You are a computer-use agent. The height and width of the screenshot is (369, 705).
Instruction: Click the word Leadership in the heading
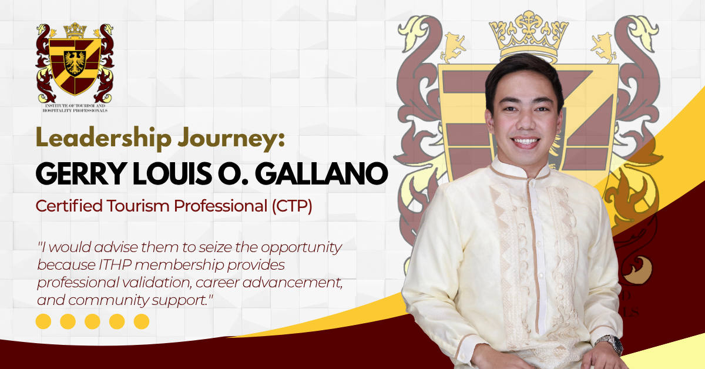coord(104,137)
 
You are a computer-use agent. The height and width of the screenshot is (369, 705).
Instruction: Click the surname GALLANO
coord(321,173)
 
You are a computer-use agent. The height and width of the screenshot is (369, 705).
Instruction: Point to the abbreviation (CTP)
coord(292,206)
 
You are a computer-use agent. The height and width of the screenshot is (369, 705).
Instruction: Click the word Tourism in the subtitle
coord(138,206)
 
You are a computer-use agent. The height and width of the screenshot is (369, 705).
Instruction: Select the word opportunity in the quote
coord(301,248)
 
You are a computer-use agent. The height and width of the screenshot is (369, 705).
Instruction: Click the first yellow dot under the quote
coord(43,321)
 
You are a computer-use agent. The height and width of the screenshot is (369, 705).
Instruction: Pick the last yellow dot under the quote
coord(142,321)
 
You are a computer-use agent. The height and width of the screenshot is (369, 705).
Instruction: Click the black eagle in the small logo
coord(75,63)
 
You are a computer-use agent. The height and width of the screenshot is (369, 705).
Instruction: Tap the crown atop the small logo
coord(75,30)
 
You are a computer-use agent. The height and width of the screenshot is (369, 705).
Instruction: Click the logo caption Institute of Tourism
coord(75,106)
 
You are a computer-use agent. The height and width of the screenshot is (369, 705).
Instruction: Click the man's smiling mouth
coord(525,142)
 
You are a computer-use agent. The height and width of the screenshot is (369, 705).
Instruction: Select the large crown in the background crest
coord(529,35)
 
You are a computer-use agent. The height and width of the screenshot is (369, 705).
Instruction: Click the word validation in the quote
coord(157,283)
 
